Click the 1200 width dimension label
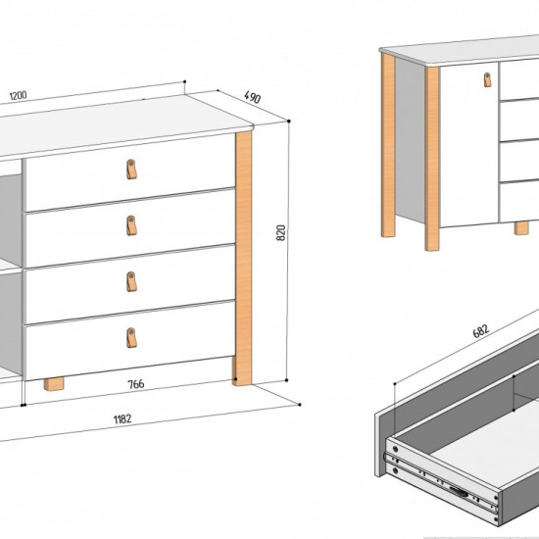[18, 96]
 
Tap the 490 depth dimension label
[253, 97]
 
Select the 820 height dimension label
[281, 232]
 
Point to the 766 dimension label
[136, 384]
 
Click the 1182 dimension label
[122, 419]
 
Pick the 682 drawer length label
[480, 331]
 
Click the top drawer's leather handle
[131, 170]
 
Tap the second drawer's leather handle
[131, 225]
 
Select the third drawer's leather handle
[131, 282]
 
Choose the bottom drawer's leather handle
[131, 338]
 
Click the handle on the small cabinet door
[487, 79]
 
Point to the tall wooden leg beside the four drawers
[243, 259]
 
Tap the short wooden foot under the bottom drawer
[54, 384]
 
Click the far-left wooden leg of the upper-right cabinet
[388, 145]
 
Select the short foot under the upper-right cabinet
[521, 228]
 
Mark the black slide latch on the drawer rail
[459, 491]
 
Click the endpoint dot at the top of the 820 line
[289, 121]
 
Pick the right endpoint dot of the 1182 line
[300, 405]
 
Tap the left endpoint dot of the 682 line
[395, 383]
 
